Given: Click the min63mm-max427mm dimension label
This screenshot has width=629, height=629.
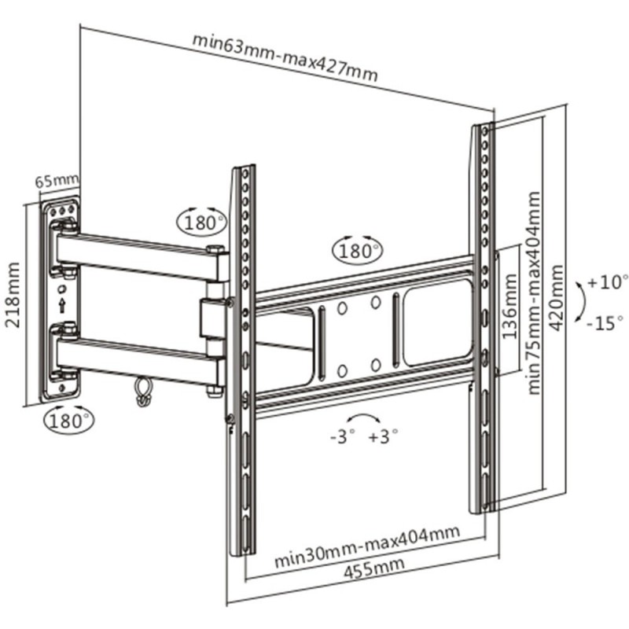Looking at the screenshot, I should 285,60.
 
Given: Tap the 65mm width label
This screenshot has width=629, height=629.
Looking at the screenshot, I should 57,181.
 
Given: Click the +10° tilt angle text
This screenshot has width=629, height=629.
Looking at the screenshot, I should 609,281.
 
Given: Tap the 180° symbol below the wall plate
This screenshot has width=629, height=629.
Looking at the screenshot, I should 68,419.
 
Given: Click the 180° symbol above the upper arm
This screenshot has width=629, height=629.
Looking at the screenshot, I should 200,223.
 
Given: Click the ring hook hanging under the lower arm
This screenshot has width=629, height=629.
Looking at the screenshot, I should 142,392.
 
